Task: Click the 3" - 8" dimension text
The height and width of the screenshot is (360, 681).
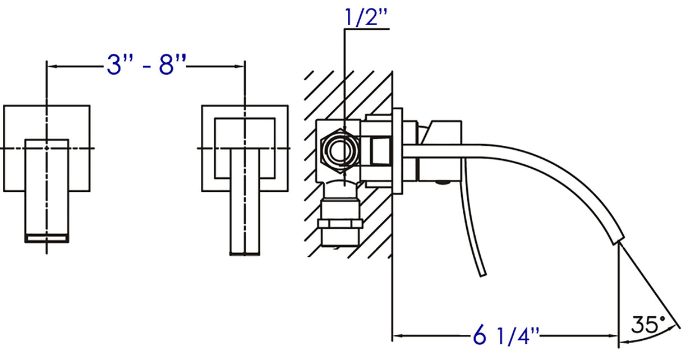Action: click(146, 66)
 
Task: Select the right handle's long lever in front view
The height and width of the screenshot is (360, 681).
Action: click(245, 202)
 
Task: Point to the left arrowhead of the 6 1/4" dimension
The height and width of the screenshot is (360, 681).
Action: click(395, 336)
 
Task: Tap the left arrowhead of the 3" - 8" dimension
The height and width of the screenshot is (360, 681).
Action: click(49, 66)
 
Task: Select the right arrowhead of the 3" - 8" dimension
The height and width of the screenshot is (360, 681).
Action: click(242, 66)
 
